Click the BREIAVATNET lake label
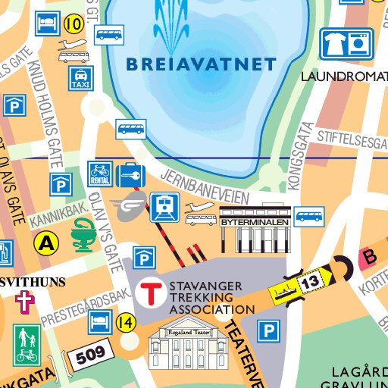click(200, 64)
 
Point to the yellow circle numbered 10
click(74, 23)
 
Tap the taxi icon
click(79, 78)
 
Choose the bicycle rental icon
click(100, 174)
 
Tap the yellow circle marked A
click(47, 243)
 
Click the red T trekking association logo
click(153, 292)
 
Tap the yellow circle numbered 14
click(126, 323)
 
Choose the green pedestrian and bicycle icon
click(27, 344)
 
